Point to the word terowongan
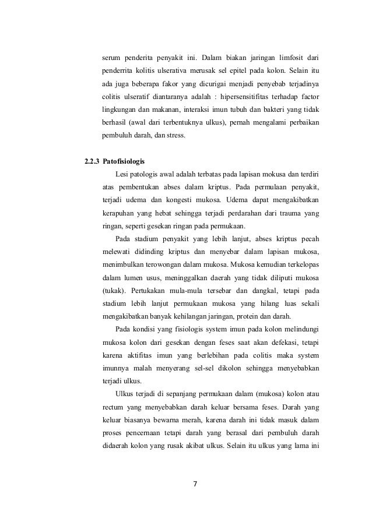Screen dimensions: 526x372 (x=167, y=264)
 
